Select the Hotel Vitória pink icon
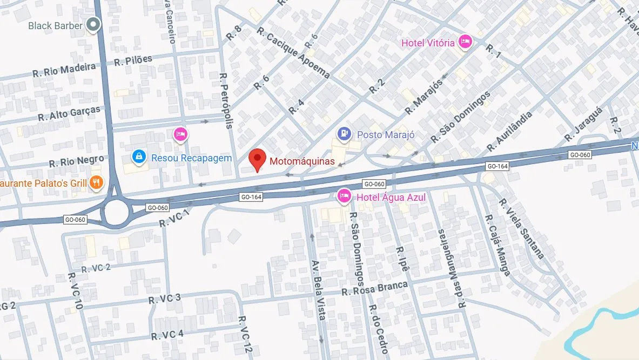pos(465,42)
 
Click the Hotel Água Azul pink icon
pos(344,197)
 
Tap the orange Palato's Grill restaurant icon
pos(96,183)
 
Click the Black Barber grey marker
pos(94,24)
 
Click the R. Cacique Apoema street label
pos(293,52)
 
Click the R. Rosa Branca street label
pos(374,289)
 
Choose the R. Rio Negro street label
pos(76,161)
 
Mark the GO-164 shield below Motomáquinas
pos(251,197)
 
